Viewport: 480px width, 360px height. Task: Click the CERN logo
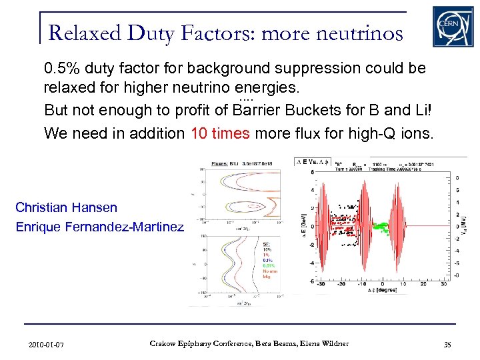[453, 26]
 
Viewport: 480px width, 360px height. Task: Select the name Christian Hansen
[66, 208]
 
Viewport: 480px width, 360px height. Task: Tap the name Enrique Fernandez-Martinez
[99, 227]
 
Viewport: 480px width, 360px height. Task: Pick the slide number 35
[446, 344]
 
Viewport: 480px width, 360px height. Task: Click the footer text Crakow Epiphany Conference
[193, 343]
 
